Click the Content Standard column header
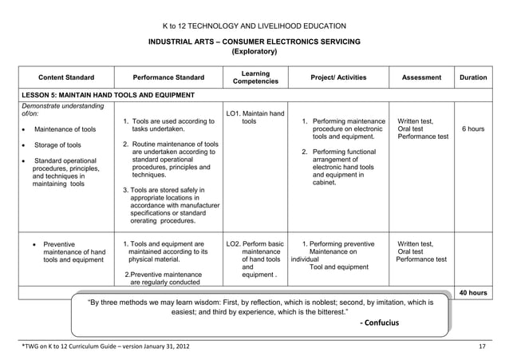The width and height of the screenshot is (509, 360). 66,77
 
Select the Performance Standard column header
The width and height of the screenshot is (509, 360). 168,77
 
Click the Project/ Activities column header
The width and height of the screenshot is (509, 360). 339,77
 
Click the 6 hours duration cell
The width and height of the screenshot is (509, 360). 473,129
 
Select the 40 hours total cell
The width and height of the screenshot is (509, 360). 473,293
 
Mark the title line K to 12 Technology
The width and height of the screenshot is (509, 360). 254,26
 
